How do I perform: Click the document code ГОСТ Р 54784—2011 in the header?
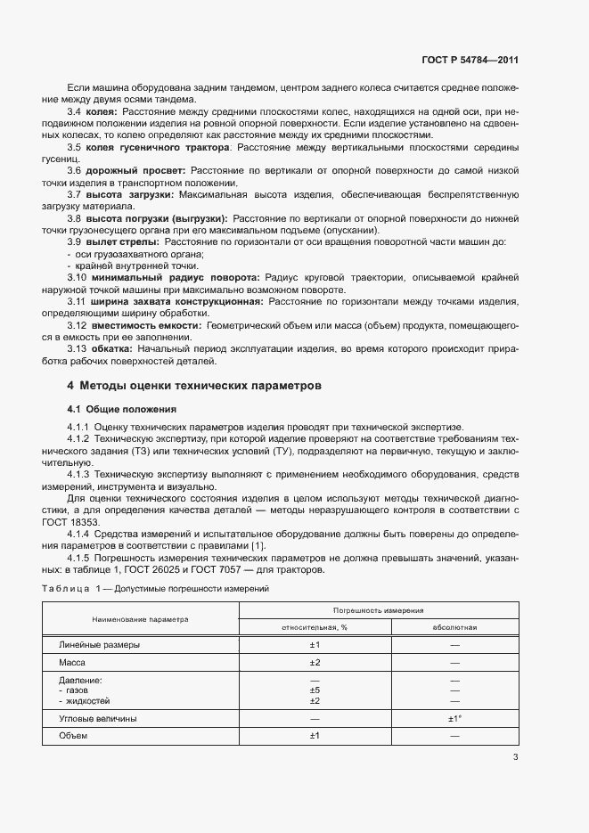(470, 61)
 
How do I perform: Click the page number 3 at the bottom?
(515, 757)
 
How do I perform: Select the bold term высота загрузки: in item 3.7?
(132, 193)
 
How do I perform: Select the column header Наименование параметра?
(138, 618)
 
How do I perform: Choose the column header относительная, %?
(314, 627)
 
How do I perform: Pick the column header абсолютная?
(454, 627)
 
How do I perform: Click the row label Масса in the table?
(71, 663)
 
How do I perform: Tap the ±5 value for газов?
(314, 690)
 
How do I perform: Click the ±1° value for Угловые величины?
(454, 718)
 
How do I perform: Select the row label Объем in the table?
(73, 736)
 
